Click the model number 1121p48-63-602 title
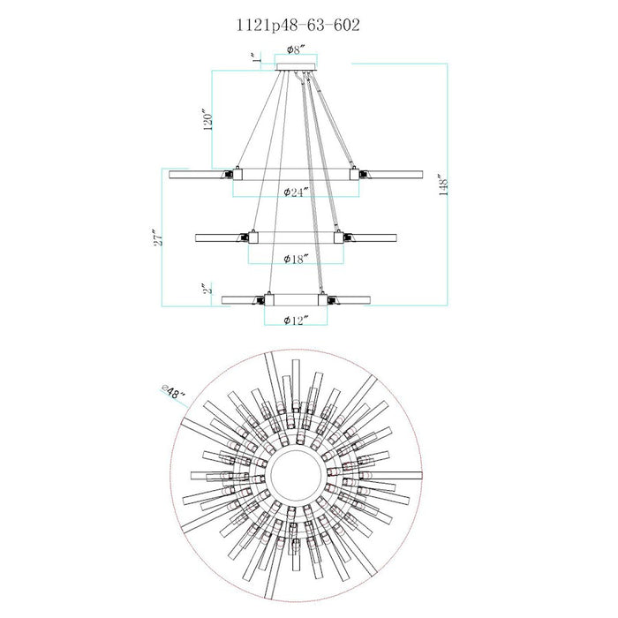[298, 26]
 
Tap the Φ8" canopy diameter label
[296, 49]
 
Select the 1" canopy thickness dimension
[257, 57]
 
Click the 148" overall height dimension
[443, 185]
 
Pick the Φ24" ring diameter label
[296, 192]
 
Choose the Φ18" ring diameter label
[296, 259]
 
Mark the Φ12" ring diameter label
[295, 320]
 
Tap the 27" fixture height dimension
[157, 237]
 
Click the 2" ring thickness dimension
[207, 288]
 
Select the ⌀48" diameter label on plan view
[173, 393]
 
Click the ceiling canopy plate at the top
[296, 66]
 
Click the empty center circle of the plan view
[296, 475]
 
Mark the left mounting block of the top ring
[237, 174]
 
